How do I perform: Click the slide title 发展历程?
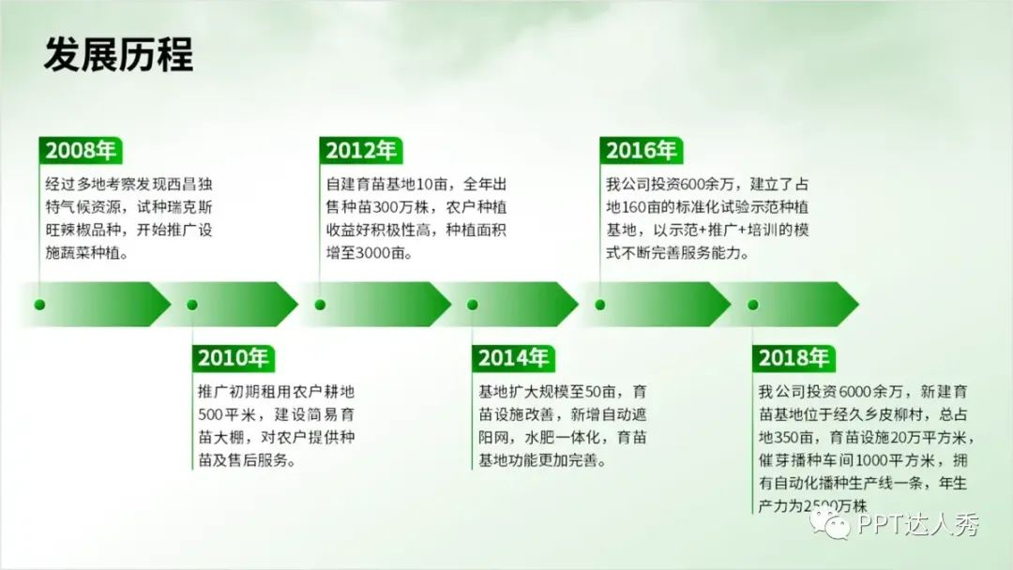pyautogui.click(x=118, y=54)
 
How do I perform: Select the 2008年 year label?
pyautogui.click(x=80, y=150)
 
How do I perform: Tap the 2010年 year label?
pyautogui.click(x=234, y=357)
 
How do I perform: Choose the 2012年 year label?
pyautogui.click(x=360, y=150)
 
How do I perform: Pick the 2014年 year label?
pyautogui.click(x=514, y=357)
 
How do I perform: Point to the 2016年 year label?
pyautogui.click(x=641, y=150)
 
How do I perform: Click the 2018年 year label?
pyautogui.click(x=794, y=357)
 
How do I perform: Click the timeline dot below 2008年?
pyautogui.click(x=39, y=305)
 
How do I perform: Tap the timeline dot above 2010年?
pyautogui.click(x=192, y=305)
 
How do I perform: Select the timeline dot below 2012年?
pyautogui.click(x=320, y=305)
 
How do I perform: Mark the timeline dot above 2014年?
pyautogui.click(x=472, y=305)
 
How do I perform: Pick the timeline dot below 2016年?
pyautogui.click(x=600, y=305)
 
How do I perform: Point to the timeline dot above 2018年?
pyautogui.click(x=752, y=305)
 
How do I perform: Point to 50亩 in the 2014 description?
pyautogui.click(x=600, y=392)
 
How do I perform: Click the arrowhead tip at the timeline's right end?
pyautogui.click(x=858, y=304)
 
